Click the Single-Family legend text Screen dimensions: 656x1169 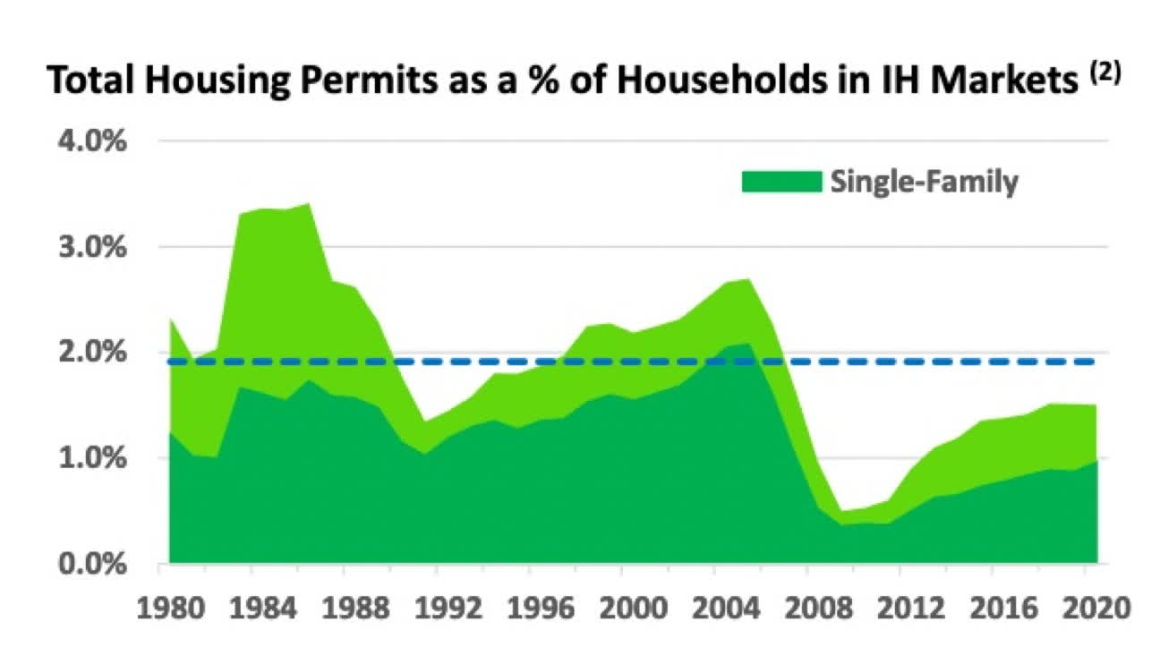924,182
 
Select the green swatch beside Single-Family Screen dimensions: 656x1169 781,182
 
